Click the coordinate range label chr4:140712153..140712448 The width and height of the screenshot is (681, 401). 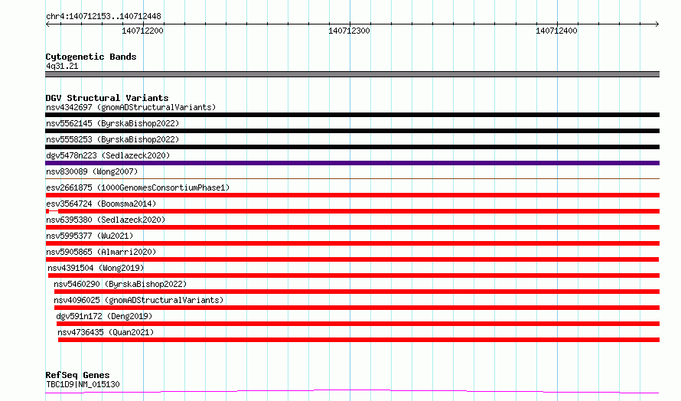coord(103,16)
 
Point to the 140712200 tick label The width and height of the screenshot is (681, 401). coord(142,31)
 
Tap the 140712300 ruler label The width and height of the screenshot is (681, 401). coord(349,31)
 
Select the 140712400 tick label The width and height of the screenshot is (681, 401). coord(556,31)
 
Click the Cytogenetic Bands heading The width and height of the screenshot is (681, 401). coord(91,57)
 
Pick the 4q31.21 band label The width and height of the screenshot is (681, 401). coord(62,66)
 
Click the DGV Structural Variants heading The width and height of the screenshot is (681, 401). coord(107,98)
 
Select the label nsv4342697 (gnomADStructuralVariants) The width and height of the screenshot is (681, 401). coord(131,107)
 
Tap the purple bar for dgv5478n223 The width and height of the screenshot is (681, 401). coord(352,163)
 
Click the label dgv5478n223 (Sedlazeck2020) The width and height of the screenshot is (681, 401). coord(108,155)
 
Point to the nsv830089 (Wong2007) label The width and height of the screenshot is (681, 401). coord(92,171)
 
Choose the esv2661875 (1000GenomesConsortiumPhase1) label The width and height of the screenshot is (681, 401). coord(138,187)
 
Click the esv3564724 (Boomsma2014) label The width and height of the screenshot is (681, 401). coord(101,204)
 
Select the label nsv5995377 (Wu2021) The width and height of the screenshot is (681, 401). coord(90,236)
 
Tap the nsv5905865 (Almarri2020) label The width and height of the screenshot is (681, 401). coord(101,252)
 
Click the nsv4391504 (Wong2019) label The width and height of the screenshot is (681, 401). coord(96,268)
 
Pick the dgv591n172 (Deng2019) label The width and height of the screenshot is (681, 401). coord(104,316)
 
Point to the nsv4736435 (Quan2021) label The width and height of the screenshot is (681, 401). coord(106,332)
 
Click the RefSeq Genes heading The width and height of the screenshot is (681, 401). coord(77,375)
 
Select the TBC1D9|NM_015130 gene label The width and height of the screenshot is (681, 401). coord(83,384)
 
